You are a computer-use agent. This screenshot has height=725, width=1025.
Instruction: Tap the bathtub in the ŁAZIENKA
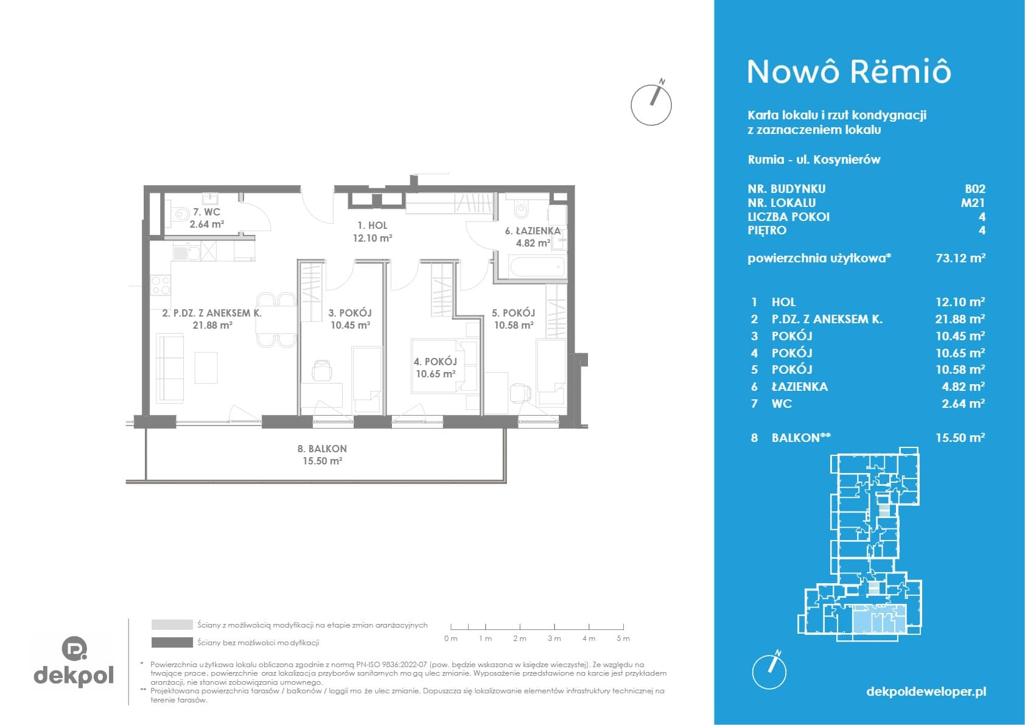[x=536, y=267]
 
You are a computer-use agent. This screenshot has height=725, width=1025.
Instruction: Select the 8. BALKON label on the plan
[x=322, y=449]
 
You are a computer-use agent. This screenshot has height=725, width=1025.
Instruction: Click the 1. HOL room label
[x=373, y=225]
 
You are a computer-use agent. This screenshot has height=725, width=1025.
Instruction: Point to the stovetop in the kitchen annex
[x=161, y=285]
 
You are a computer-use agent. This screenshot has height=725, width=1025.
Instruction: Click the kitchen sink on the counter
[x=187, y=252]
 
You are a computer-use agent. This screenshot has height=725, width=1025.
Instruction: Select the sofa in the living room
[x=170, y=368]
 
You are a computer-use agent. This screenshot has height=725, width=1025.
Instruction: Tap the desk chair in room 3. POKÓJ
[x=323, y=370]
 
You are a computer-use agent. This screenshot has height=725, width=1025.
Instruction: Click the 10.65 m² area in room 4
[x=436, y=374]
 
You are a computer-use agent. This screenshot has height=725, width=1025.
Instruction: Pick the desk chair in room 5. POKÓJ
[x=521, y=392]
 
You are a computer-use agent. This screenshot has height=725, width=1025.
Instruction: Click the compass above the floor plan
[x=651, y=104]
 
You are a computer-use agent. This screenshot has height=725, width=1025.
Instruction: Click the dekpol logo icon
[x=74, y=648]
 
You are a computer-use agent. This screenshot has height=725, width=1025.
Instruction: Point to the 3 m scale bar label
[x=554, y=638]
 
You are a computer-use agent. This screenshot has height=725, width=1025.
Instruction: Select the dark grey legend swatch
[x=172, y=643]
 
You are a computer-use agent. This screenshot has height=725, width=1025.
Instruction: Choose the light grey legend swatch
[x=172, y=625]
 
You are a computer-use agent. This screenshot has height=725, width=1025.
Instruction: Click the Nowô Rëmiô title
[x=849, y=72]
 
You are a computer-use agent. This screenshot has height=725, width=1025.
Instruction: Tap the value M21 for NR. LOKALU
[x=973, y=203]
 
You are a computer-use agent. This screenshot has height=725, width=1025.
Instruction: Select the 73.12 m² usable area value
[x=960, y=258]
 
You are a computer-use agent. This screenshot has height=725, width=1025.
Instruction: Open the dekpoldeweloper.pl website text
[x=926, y=691]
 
